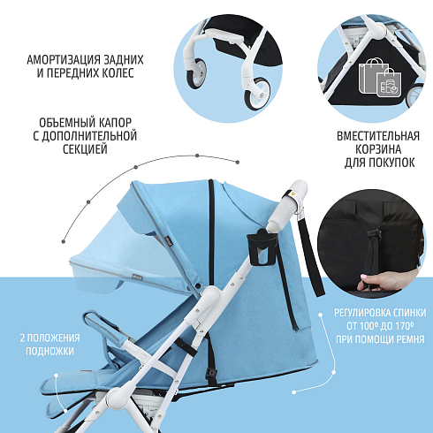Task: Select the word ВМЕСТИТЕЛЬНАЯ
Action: point(378,136)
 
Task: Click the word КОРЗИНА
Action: point(378,149)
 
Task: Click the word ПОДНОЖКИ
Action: point(49,351)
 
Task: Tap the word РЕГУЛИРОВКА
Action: point(362,313)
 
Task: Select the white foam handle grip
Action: point(287,205)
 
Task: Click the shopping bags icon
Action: point(379,78)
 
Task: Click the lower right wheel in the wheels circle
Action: point(257,94)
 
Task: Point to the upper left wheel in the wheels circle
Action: point(196,73)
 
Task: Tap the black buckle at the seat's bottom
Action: point(211,375)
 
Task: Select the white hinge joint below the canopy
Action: point(209,295)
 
